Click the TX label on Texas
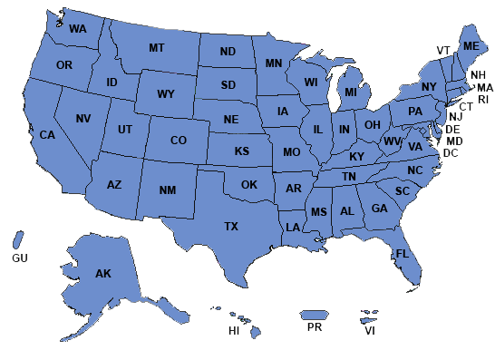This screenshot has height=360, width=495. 231,226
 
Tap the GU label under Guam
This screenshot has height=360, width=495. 20,258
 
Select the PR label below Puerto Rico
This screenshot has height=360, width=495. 315,327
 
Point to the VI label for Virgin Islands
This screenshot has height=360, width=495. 370,331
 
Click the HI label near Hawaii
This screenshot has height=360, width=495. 233,331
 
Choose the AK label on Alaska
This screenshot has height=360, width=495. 102,273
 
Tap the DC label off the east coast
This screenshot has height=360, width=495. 449,153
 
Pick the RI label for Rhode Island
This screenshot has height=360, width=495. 483,99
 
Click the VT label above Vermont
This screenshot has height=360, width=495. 443,50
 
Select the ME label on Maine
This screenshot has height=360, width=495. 471,45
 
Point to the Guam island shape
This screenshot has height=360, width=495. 17,239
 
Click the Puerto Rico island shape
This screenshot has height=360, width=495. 314,315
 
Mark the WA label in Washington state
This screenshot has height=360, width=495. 77,29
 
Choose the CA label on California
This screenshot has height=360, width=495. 47,135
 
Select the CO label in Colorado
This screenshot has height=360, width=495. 179,141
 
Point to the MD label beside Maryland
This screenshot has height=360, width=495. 454,141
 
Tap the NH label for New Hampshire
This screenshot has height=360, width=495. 478,74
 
